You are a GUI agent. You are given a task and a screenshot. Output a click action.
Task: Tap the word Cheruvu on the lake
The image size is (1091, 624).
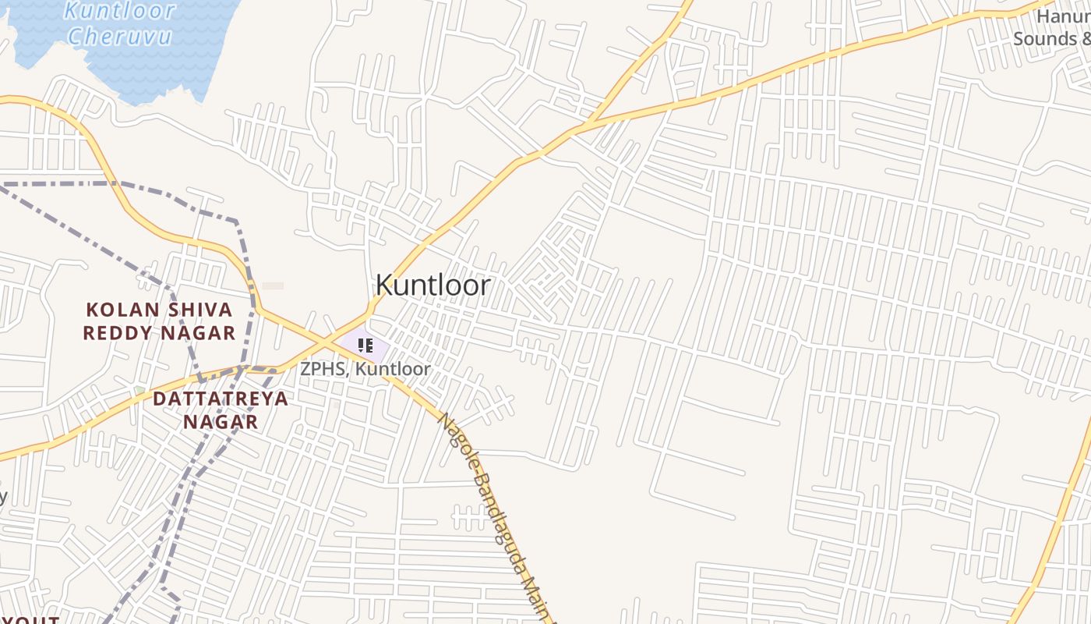[119, 37]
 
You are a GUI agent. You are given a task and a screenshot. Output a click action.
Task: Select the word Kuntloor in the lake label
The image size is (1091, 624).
[118, 11]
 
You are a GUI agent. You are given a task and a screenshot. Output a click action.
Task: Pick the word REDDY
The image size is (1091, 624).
[118, 333]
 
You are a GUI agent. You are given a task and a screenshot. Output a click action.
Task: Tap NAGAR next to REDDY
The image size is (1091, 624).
[199, 333]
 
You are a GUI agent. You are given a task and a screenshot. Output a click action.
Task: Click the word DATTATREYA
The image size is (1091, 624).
[221, 399]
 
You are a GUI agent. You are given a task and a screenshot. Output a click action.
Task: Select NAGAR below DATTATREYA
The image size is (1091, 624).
[221, 422]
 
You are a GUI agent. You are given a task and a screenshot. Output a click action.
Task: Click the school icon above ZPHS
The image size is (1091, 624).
[365, 345]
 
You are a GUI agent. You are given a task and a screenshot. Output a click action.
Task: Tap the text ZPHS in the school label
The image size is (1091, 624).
[323, 369]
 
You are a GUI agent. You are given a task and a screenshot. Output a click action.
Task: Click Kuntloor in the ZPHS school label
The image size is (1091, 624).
[393, 369]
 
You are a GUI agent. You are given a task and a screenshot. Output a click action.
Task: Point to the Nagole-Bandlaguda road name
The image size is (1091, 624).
[496, 515]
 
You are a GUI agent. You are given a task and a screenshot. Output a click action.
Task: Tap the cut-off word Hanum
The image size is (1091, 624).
[1063, 16]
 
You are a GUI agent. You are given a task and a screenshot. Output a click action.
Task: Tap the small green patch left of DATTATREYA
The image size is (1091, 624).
[139, 390]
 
